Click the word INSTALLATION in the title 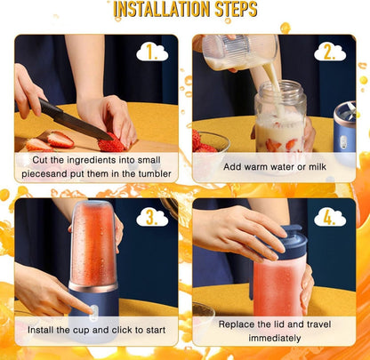[157, 10]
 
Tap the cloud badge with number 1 [152, 52]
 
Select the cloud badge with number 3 [152, 216]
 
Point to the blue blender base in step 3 [91, 307]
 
